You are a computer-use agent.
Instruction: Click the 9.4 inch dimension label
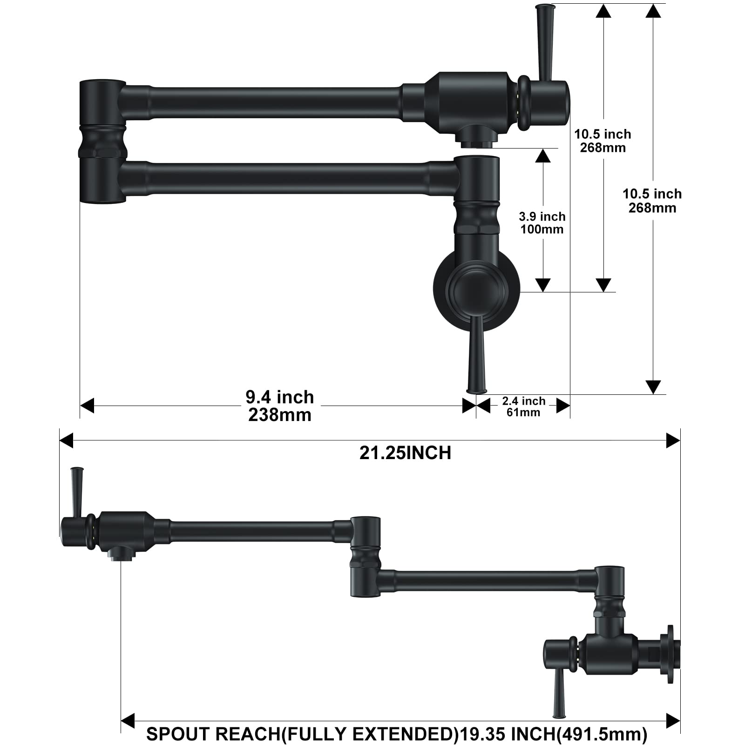coord(280,397)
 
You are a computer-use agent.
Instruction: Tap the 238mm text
coord(280,415)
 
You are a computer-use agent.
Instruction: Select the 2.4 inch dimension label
coord(524,401)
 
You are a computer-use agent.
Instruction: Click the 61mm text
coord(524,413)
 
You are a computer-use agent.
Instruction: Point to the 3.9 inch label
coord(542,217)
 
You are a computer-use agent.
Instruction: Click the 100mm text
coord(542,229)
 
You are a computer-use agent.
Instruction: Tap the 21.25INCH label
coord(405,453)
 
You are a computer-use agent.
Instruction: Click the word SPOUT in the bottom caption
coord(178,734)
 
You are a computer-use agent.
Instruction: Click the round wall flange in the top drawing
coord(476,291)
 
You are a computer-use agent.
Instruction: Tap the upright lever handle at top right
coord(544,42)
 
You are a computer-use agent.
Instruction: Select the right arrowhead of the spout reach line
coord(673,720)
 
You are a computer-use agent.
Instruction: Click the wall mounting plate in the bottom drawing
coord(670,654)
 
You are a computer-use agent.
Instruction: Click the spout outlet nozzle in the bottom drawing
coord(121,555)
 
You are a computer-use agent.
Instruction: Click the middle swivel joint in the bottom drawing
coord(365,556)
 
